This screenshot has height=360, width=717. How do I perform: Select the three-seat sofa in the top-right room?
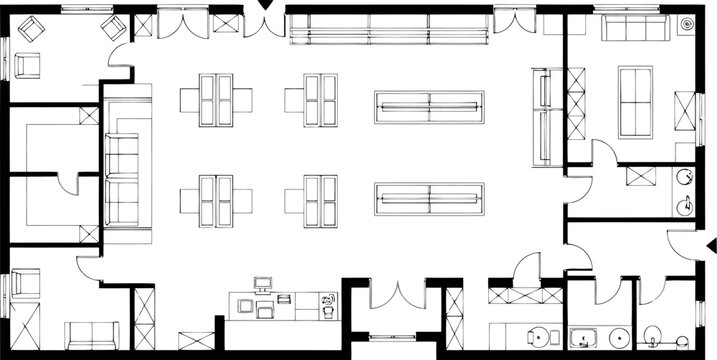click(634, 30)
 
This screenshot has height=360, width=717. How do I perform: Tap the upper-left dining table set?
click(218, 100)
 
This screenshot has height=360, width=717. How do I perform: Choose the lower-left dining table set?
click(218, 199)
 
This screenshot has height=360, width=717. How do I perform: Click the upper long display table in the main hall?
click(429, 105)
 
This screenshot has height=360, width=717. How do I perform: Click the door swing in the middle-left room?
click(68, 181)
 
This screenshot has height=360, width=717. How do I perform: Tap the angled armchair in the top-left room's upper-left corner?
click(28, 30)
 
